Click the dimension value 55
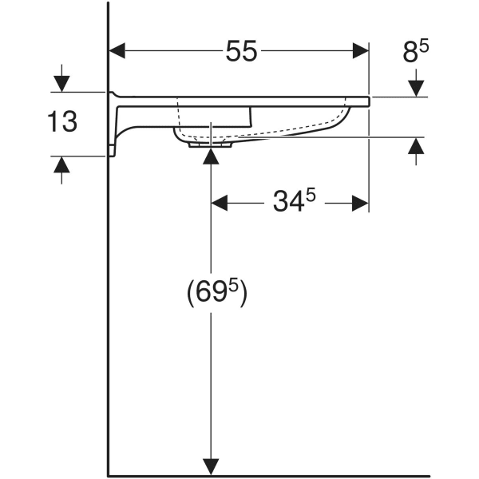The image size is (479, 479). tap(240, 52)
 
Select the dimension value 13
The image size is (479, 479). tap(61, 122)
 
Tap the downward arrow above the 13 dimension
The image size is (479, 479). tap(62, 84)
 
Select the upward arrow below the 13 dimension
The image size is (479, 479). tap(62, 164)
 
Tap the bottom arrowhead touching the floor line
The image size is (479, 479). tap(211, 465)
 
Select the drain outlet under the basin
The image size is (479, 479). tap(210, 144)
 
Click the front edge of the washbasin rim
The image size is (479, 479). tap(367, 101)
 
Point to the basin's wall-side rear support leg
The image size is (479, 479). tap(117, 128)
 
